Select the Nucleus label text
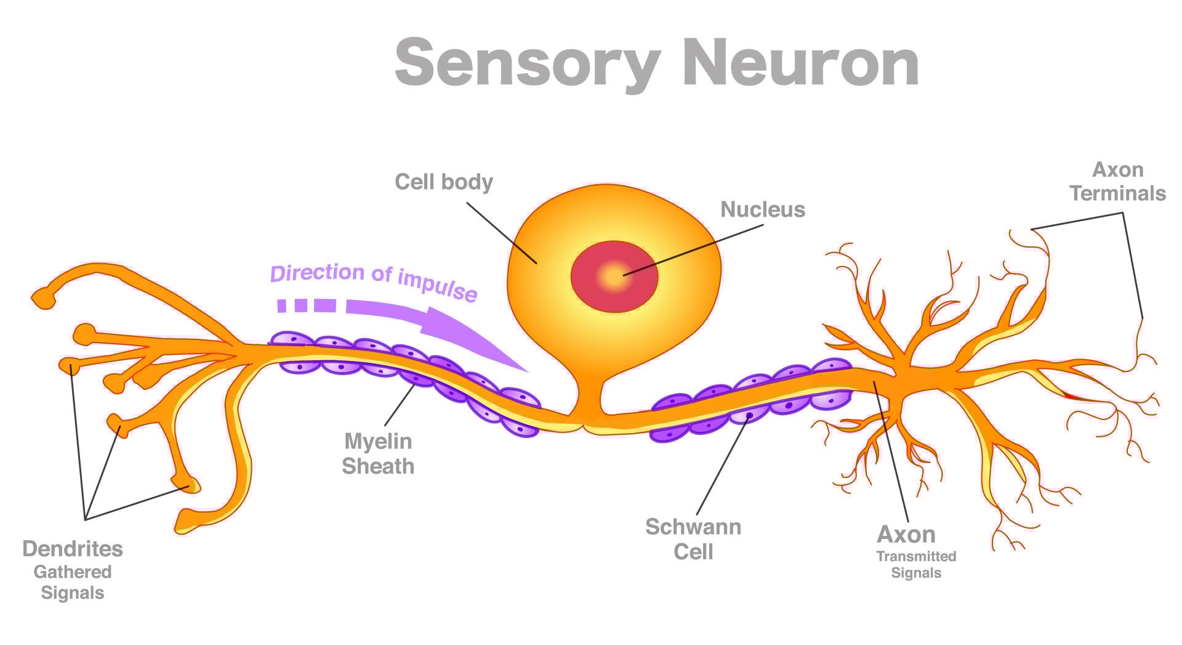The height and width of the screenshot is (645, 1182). [762, 209]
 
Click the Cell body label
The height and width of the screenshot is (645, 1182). [443, 182]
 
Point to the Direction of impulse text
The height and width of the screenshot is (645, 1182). [373, 280]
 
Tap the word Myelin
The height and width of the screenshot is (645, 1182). [377, 441]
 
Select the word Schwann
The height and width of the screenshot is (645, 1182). [693, 527]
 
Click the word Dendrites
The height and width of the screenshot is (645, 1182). [73, 548]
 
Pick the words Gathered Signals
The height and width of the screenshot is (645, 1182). [73, 582]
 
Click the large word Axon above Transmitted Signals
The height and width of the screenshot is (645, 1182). [906, 534]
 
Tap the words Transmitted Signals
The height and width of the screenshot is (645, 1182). [916, 564]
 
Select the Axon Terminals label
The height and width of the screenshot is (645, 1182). [1117, 181]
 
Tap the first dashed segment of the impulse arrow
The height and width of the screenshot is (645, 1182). [282, 305]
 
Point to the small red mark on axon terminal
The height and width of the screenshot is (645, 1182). [1072, 396]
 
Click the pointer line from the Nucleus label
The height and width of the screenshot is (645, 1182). [696, 249]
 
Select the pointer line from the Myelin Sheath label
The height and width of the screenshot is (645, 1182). [399, 405]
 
